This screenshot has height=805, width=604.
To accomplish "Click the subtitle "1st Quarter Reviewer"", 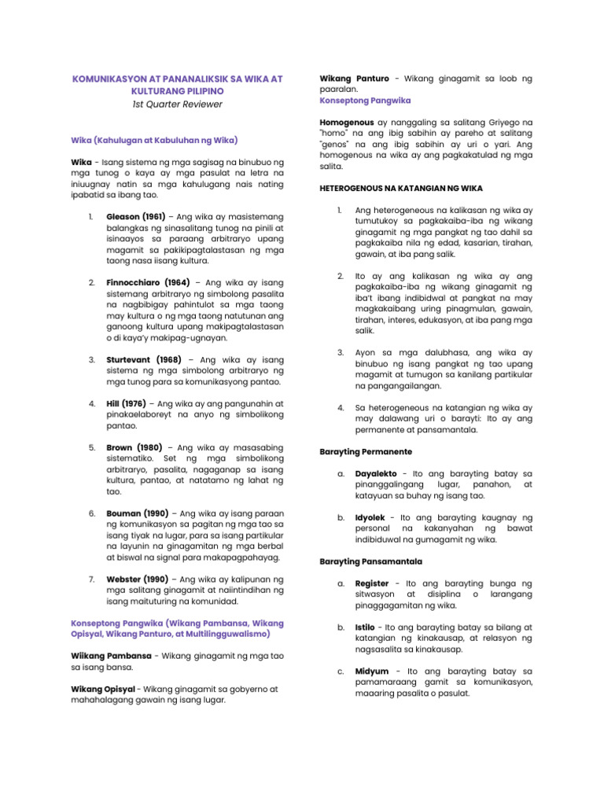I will (x=177, y=104).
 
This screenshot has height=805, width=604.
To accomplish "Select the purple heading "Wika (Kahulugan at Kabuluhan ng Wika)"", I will (x=154, y=140).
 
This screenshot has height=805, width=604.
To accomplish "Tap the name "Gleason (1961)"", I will (x=134, y=216).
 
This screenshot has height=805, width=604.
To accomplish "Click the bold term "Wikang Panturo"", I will (x=354, y=79).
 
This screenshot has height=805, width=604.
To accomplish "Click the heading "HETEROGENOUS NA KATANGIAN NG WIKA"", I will (x=401, y=188).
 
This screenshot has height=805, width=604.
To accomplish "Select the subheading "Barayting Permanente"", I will (x=365, y=452).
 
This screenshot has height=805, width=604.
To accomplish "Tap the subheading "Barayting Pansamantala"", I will (x=370, y=561).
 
